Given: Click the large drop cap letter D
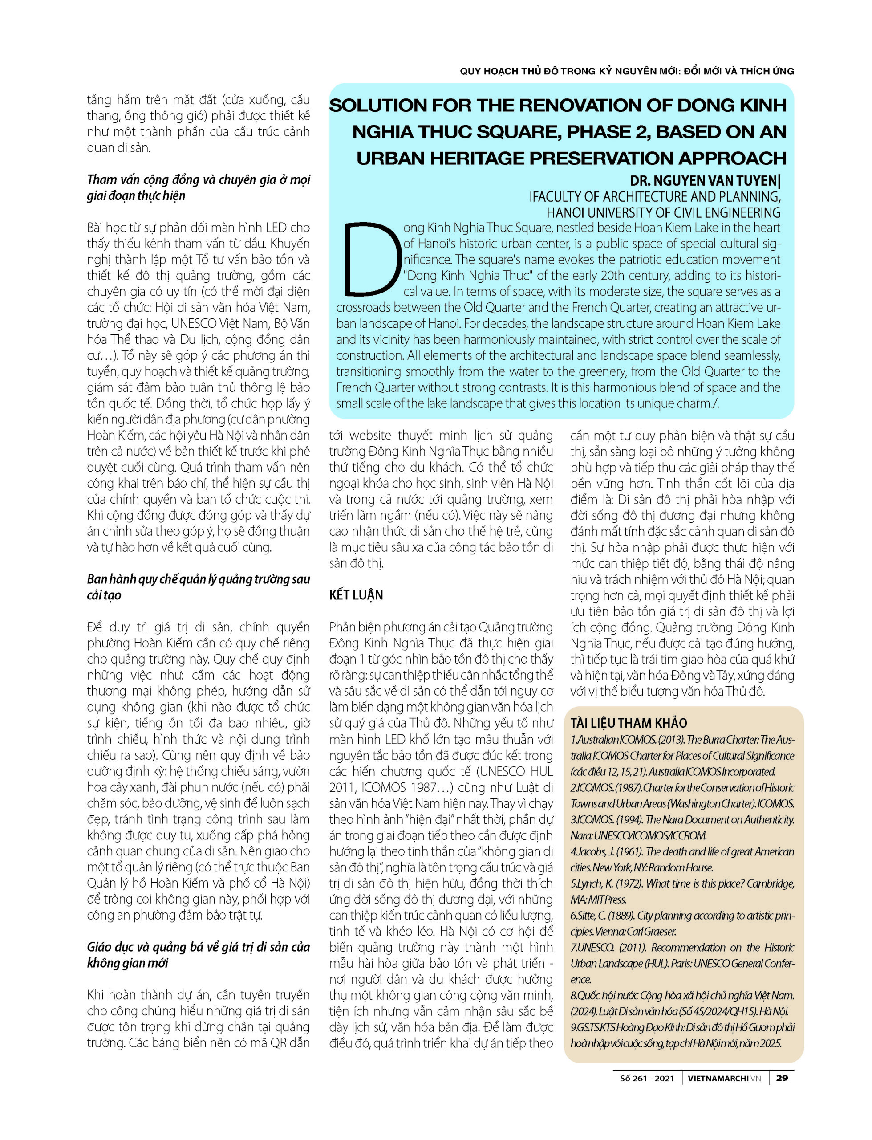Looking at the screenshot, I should [370, 258].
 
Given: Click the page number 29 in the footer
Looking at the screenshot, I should [782, 1078].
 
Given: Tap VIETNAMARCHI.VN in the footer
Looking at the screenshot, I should [724, 1078].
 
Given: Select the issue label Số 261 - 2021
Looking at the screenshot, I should [647, 1078].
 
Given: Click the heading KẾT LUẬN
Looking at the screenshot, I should [356, 595].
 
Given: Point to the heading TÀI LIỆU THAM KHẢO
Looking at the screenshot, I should [629, 723].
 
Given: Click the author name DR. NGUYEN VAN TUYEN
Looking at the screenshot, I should [703, 181].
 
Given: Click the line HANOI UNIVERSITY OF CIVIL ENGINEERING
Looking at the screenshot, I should [663, 212].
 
